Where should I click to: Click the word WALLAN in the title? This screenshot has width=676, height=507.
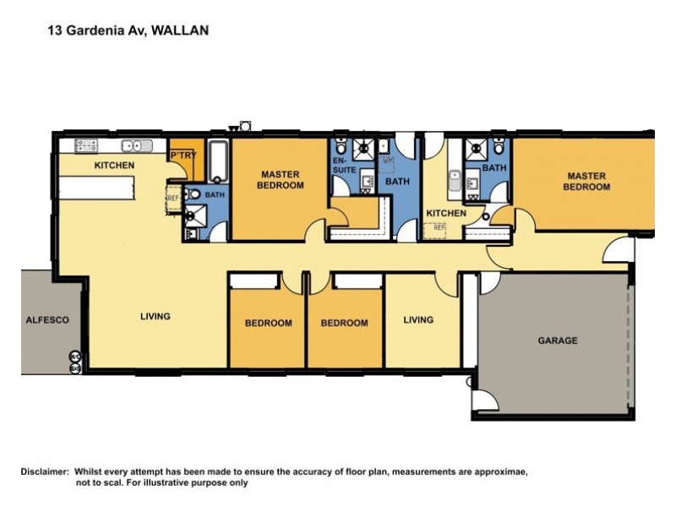click(x=180, y=30)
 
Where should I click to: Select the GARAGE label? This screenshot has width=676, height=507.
click(x=558, y=341)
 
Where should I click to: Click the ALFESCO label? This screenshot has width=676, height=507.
click(x=47, y=320)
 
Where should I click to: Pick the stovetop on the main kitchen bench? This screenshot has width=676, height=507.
click(x=88, y=144)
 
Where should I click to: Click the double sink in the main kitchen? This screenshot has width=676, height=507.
click(x=133, y=144)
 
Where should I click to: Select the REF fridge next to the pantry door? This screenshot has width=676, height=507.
click(x=173, y=199)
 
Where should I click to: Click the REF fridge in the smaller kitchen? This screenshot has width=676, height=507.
click(x=439, y=227)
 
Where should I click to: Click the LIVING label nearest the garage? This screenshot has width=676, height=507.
click(x=418, y=319)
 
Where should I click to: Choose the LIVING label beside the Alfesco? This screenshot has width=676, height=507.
click(x=155, y=316)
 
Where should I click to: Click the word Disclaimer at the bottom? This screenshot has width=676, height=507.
click(x=44, y=471)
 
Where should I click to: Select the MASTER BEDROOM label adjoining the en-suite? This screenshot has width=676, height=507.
click(x=281, y=180)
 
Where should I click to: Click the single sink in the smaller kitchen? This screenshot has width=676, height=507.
click(x=454, y=181)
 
